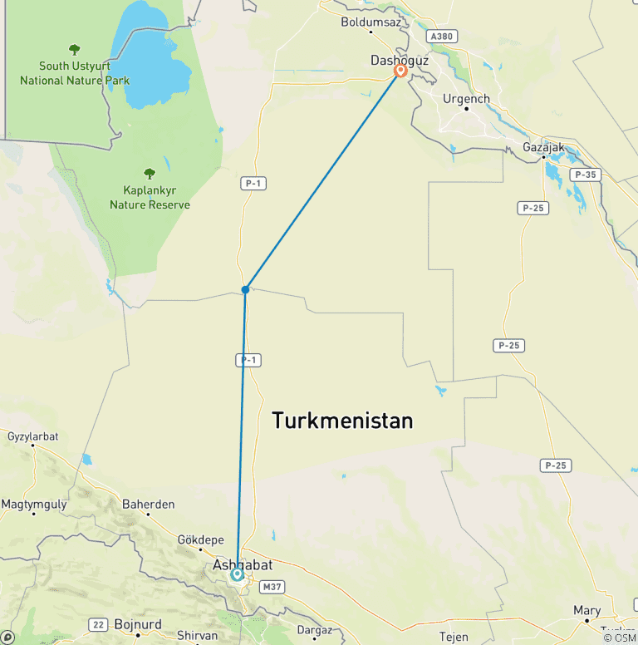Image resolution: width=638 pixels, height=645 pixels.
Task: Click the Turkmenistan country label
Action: pos(342,421)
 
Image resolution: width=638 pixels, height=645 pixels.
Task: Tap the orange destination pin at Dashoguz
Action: pos(400,71)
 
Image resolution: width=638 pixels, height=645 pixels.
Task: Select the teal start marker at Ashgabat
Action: pos(238,574)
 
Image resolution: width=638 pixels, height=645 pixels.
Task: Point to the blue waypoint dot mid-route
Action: pos(245,289)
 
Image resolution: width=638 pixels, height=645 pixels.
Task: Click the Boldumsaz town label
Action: pos(371,22)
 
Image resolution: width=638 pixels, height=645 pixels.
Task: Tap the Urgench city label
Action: pos(466,99)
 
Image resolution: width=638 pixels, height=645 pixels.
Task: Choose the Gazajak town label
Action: pos(544,147)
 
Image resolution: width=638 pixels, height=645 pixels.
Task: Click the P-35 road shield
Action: pos(586,175)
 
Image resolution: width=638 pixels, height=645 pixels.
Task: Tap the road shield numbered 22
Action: pos(98,624)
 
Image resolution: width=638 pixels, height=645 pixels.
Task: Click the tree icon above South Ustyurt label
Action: pos(75,50)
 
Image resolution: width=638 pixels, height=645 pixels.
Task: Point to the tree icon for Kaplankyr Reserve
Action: pos(150,174)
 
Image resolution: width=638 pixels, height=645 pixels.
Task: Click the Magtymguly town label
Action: pos(32,505)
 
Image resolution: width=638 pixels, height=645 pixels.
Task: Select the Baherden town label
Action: pos(148,504)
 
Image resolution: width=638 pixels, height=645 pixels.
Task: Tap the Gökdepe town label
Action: pos(200,539)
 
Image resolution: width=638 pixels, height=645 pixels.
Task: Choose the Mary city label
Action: pos(586,610)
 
